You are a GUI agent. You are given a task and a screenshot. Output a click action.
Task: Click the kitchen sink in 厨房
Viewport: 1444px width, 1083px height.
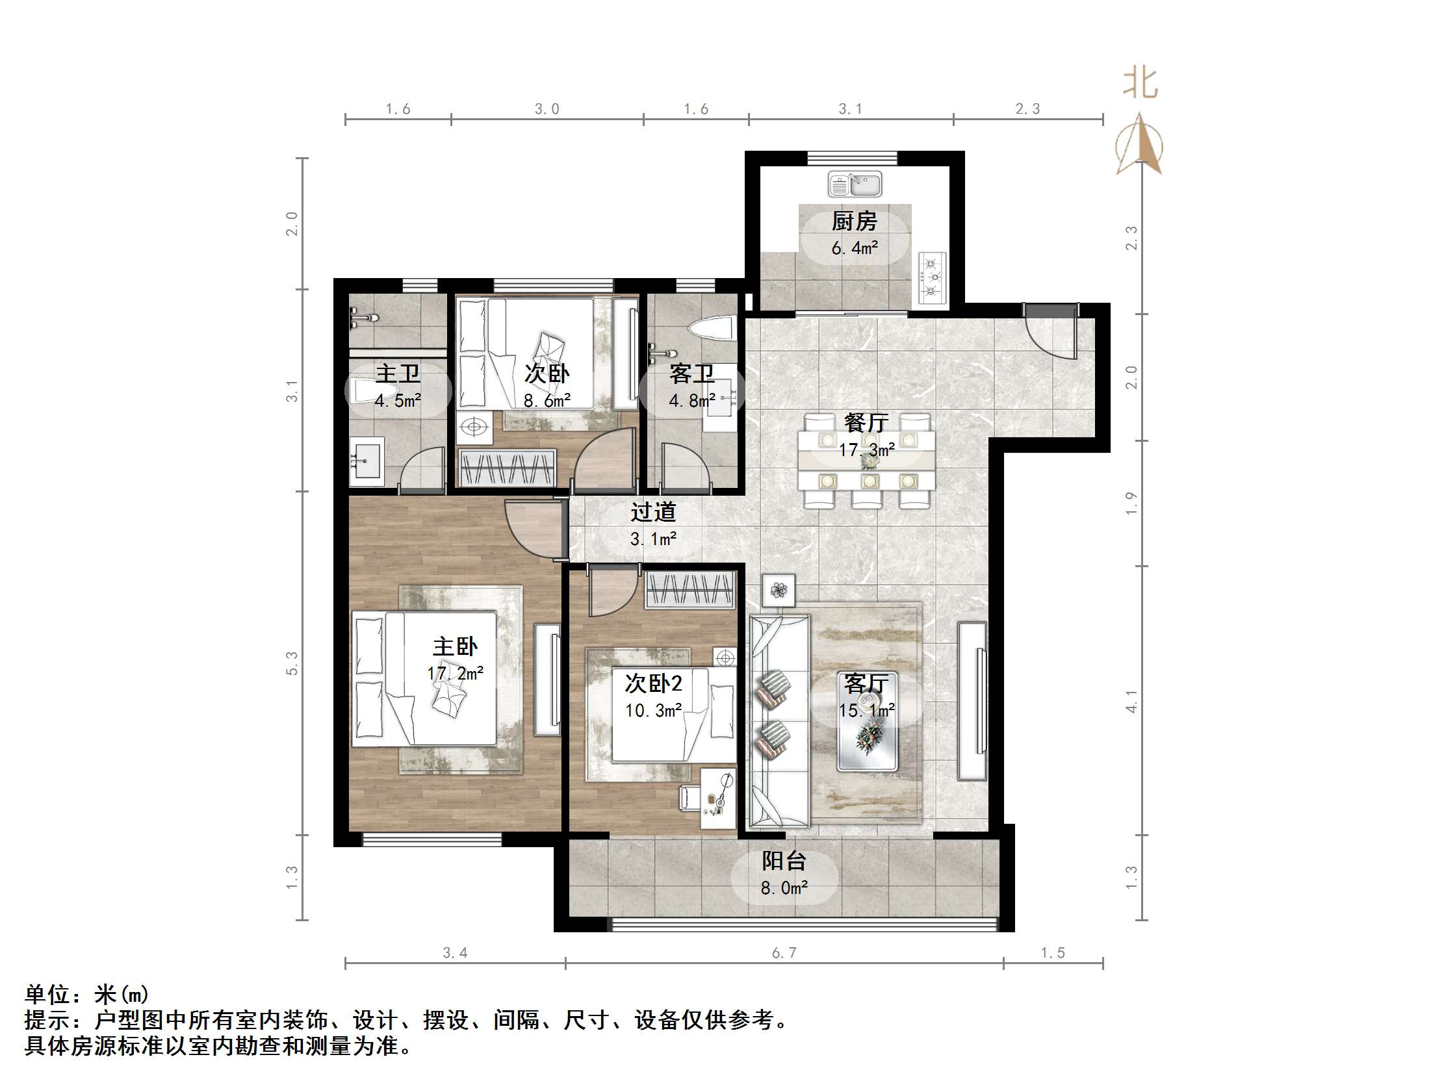pyautogui.click(x=855, y=184)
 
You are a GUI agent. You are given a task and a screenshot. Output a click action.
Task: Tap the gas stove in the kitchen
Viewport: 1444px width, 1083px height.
pyautogui.click(x=932, y=277)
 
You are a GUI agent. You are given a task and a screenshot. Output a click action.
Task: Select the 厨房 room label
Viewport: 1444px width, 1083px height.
pyautogui.click(x=854, y=222)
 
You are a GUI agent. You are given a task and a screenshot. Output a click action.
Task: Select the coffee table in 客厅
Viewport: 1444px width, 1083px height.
pyautogui.click(x=868, y=722)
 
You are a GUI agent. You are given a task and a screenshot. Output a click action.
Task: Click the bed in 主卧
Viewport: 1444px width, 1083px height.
pyautogui.click(x=424, y=678)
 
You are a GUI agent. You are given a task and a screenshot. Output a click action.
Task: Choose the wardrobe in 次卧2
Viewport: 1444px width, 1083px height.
pyautogui.click(x=691, y=589)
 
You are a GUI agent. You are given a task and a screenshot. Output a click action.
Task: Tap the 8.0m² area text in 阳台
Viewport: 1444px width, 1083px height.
pyautogui.click(x=783, y=888)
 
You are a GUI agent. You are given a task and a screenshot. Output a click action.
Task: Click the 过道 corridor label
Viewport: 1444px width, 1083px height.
pyautogui.click(x=653, y=513)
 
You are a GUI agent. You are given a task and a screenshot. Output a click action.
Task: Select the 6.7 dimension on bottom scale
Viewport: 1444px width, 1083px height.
pyautogui.click(x=783, y=952)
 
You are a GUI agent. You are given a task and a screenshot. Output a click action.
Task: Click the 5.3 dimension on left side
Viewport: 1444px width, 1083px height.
pyautogui.click(x=292, y=663)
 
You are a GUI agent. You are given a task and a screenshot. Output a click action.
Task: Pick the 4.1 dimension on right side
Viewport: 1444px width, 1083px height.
pyautogui.click(x=1131, y=701)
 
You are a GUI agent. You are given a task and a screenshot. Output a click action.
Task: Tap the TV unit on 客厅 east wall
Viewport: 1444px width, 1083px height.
pyautogui.click(x=972, y=701)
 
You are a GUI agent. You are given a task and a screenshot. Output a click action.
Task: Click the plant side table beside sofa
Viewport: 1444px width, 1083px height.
pyautogui.click(x=778, y=591)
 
